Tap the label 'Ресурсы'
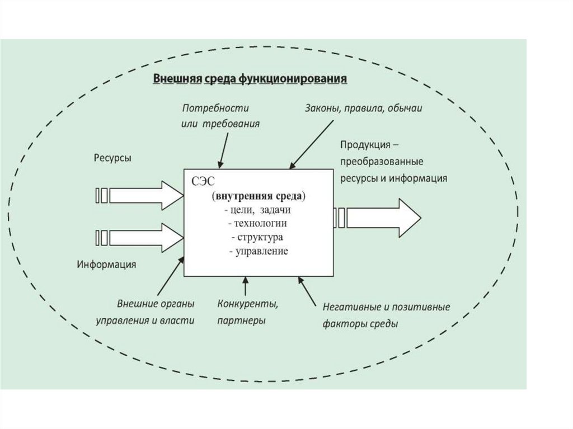pos(112,158)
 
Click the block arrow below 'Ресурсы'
pos(140,195)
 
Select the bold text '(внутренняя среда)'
pos(259,197)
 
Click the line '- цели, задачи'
pos(259,210)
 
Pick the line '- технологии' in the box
pos(259,224)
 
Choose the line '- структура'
pos(259,237)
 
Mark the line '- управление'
pos(259,251)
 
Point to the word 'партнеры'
pos(241,321)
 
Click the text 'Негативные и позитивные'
pos(387,307)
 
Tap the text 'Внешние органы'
pos(156,305)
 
